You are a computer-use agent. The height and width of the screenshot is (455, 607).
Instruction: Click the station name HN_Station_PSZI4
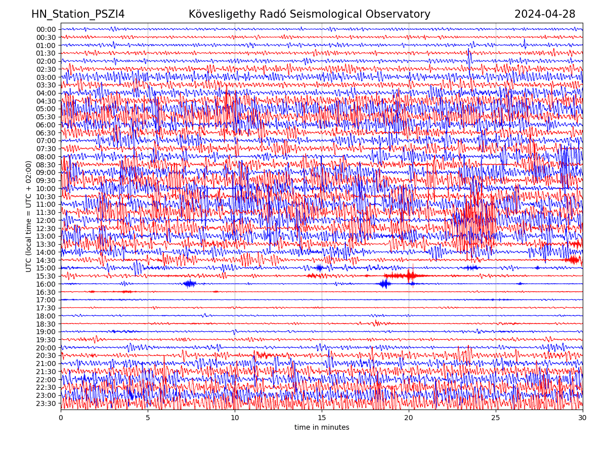78,14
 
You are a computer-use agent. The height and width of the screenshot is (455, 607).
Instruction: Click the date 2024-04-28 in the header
545,14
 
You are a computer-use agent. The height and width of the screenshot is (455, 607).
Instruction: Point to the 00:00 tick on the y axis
46,29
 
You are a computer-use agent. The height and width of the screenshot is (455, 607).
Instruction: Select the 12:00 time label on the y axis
46,220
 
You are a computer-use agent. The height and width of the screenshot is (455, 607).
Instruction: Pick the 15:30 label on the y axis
46,276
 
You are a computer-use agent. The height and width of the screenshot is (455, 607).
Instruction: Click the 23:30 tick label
46,403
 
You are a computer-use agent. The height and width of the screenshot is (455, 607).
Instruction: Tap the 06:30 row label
46,133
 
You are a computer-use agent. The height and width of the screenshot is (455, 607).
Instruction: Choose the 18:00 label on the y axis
46,316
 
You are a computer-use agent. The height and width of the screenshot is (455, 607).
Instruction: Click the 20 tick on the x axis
409,418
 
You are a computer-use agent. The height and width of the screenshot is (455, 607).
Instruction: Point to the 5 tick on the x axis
148,418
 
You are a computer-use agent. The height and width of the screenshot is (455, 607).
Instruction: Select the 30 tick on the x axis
583,418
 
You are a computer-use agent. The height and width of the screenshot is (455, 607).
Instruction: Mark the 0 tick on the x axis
61,418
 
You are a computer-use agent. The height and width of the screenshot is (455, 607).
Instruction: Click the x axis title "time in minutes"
322,427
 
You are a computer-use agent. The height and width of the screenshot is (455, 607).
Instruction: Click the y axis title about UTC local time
29,216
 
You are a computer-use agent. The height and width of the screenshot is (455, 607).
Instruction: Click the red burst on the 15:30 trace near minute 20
409,276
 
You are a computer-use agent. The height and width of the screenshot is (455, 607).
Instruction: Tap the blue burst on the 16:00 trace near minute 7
190,284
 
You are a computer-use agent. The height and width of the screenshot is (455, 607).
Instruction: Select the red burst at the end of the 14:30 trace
574,260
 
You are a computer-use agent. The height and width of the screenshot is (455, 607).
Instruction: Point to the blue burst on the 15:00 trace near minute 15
319,268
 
